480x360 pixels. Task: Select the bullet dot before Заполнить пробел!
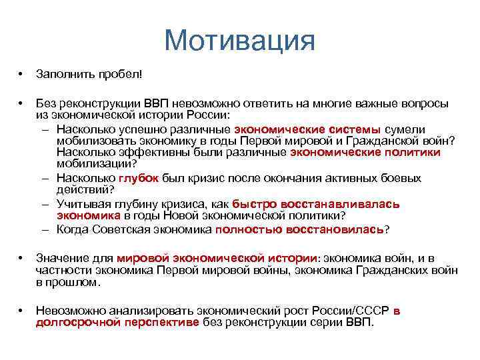22,72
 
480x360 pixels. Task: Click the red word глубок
138,179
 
